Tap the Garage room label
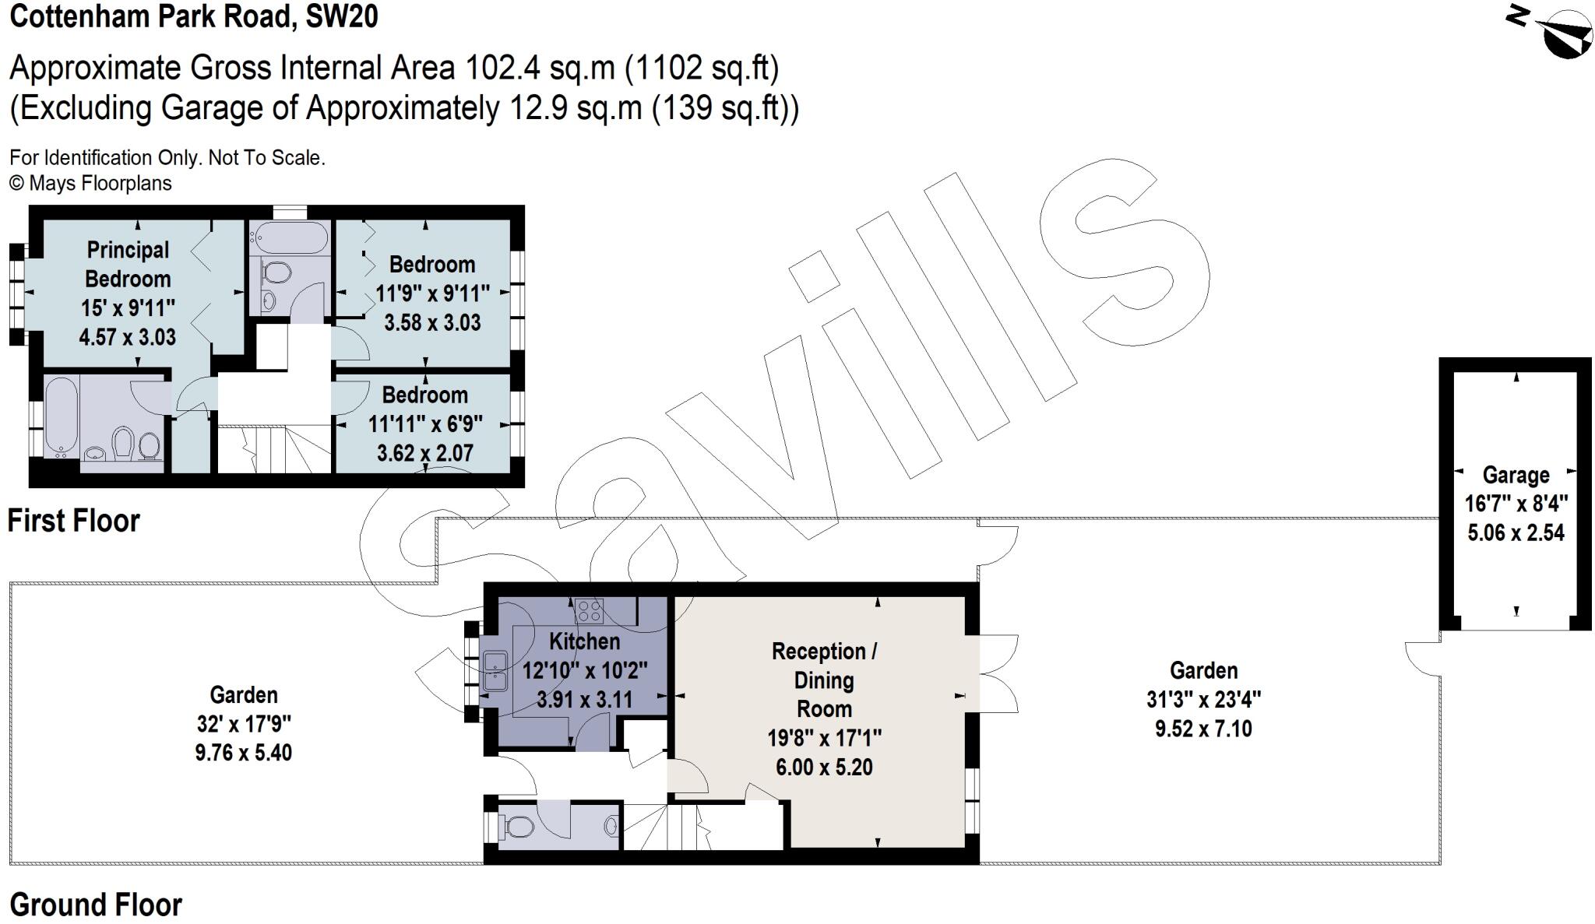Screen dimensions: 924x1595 coord(1515,475)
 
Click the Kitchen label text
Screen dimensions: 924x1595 coord(584,641)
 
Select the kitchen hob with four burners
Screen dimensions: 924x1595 coord(590,611)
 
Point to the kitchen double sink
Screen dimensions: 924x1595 coord(495,672)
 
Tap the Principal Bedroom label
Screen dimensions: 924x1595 coord(128,265)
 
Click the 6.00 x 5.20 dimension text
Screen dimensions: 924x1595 coord(824,767)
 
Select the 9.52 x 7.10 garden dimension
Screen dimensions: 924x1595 coord(1203,729)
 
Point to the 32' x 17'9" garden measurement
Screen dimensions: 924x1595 coord(244,724)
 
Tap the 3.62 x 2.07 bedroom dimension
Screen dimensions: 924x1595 coord(424,453)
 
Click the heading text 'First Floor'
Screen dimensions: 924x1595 coord(74,521)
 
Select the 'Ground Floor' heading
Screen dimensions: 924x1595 coord(96,905)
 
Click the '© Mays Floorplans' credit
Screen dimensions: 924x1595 coord(90,184)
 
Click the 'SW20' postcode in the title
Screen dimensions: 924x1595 coord(341,17)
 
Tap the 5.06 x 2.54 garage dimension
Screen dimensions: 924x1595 coord(1515,533)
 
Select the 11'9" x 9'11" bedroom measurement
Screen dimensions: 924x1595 coord(432,293)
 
